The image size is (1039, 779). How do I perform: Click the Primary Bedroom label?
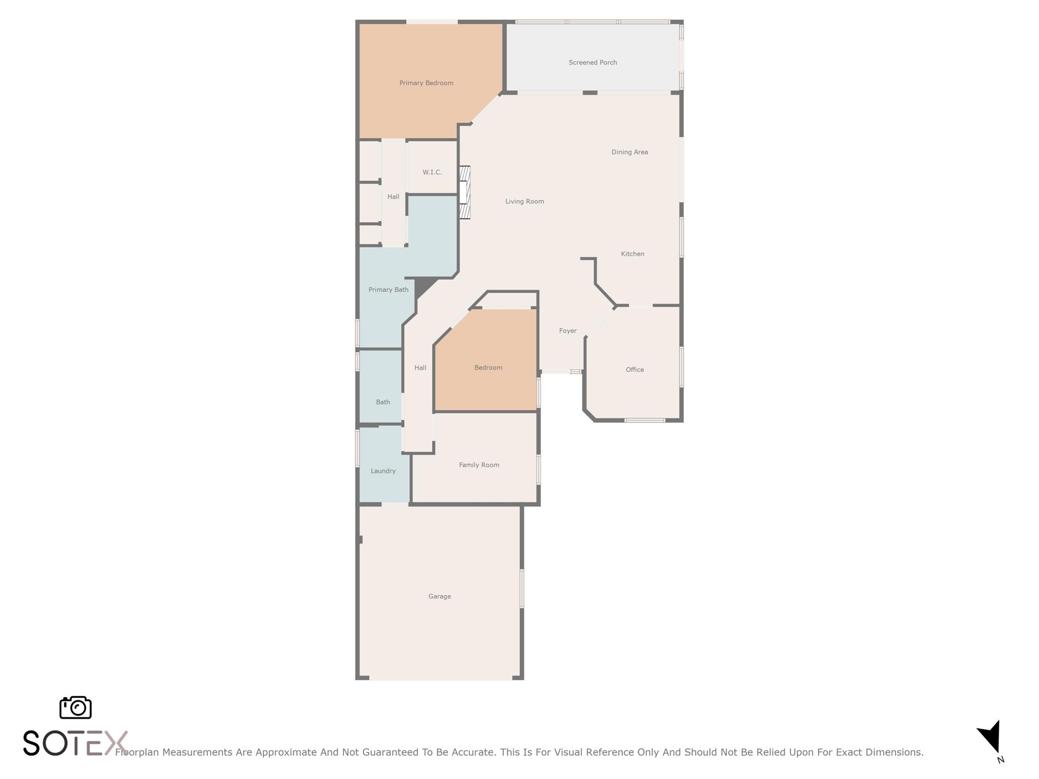(426, 83)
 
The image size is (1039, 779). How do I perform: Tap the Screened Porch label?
(593, 62)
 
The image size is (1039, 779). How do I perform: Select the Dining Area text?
(630, 152)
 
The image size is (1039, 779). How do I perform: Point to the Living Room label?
(525, 201)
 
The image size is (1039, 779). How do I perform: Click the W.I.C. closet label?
(432, 172)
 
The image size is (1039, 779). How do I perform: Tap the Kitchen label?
(633, 254)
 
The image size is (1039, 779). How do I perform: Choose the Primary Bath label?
(388, 290)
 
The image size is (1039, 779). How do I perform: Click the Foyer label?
(568, 331)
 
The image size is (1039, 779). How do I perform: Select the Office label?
(635, 370)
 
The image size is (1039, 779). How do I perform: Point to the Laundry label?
(383, 471)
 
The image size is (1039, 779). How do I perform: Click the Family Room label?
(479, 465)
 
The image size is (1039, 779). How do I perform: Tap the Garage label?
(439, 596)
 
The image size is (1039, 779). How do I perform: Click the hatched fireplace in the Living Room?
(465, 193)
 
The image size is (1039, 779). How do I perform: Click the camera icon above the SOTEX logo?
(76, 707)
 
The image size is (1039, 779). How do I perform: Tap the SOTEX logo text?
(75, 743)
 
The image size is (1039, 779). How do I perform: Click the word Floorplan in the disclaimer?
(137, 753)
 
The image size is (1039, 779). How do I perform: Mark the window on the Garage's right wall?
(522, 588)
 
